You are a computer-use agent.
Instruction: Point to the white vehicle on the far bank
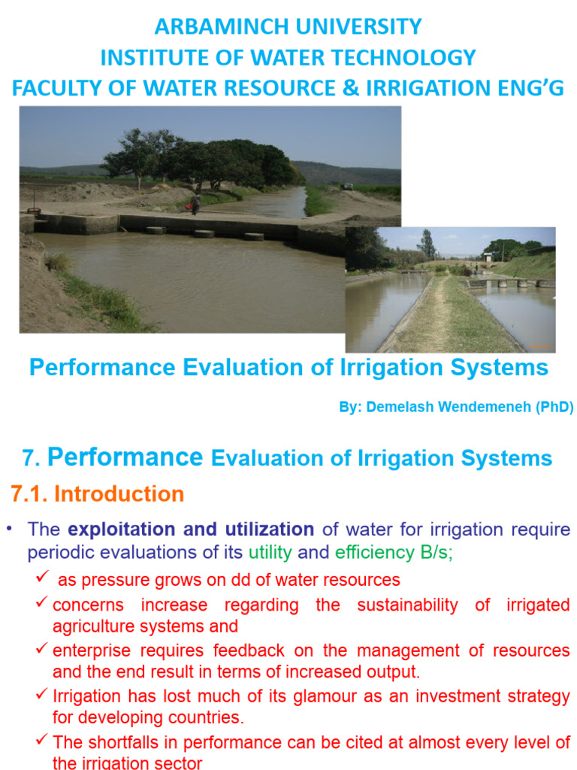347,186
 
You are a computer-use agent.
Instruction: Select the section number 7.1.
29,494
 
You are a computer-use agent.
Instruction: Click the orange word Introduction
119,494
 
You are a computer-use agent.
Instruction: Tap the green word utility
270,553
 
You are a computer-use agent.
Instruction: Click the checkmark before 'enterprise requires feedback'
43,650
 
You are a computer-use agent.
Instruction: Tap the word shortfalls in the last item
124,742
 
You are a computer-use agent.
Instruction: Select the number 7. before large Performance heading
30,458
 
